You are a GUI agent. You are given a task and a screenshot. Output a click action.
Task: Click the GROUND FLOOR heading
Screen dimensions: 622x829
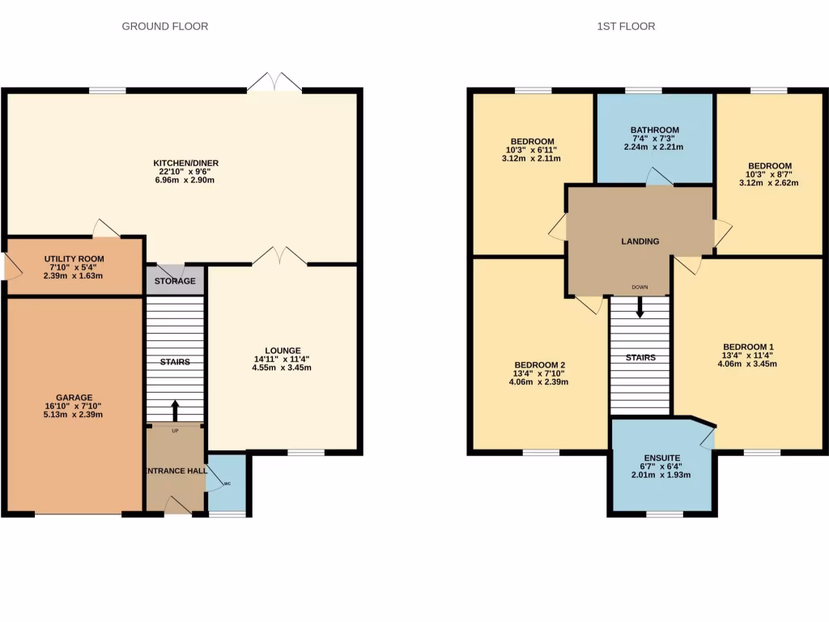pyautogui.click(x=164, y=26)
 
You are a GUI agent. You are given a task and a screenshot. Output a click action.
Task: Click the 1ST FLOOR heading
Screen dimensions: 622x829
pyautogui.click(x=626, y=26)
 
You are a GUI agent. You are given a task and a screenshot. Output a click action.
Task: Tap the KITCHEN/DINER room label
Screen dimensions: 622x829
pyautogui.click(x=186, y=163)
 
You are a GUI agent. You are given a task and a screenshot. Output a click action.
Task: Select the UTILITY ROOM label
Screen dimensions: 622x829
pyautogui.click(x=73, y=260)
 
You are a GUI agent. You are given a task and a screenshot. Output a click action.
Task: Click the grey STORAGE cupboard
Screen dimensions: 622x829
pyautogui.click(x=175, y=281)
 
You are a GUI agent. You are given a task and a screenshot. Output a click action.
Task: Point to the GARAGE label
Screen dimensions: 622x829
pyautogui.click(x=74, y=398)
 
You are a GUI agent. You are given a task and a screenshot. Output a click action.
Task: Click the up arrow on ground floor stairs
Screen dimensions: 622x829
pyautogui.click(x=175, y=408)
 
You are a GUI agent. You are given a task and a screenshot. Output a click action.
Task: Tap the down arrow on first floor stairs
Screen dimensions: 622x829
pyautogui.click(x=640, y=307)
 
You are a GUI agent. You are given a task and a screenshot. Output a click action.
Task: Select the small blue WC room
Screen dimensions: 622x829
pyautogui.click(x=227, y=484)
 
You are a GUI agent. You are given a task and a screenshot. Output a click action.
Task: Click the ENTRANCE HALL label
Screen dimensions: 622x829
pyautogui.click(x=174, y=471)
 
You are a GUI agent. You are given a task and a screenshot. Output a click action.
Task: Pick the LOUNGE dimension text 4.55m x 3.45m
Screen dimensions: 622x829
pyautogui.click(x=281, y=368)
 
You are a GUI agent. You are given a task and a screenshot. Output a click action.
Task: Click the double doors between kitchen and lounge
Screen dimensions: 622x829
pyautogui.click(x=279, y=257)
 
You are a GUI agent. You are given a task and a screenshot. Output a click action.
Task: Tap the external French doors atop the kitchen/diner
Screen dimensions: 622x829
pyautogui.click(x=275, y=82)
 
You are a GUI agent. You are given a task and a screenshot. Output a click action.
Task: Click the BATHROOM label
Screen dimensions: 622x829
pyautogui.click(x=655, y=130)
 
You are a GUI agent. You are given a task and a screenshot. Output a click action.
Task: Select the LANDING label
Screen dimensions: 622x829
pyautogui.click(x=640, y=241)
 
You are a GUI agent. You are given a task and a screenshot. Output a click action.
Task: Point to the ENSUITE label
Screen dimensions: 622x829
pyautogui.click(x=661, y=458)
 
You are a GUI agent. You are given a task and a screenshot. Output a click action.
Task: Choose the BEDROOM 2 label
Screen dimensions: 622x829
pyautogui.click(x=538, y=364)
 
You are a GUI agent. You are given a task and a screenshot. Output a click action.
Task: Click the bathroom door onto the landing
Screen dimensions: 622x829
pyautogui.click(x=659, y=177)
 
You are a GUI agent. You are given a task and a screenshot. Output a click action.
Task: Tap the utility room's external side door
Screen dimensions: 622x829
pyautogui.click(x=11, y=266)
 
